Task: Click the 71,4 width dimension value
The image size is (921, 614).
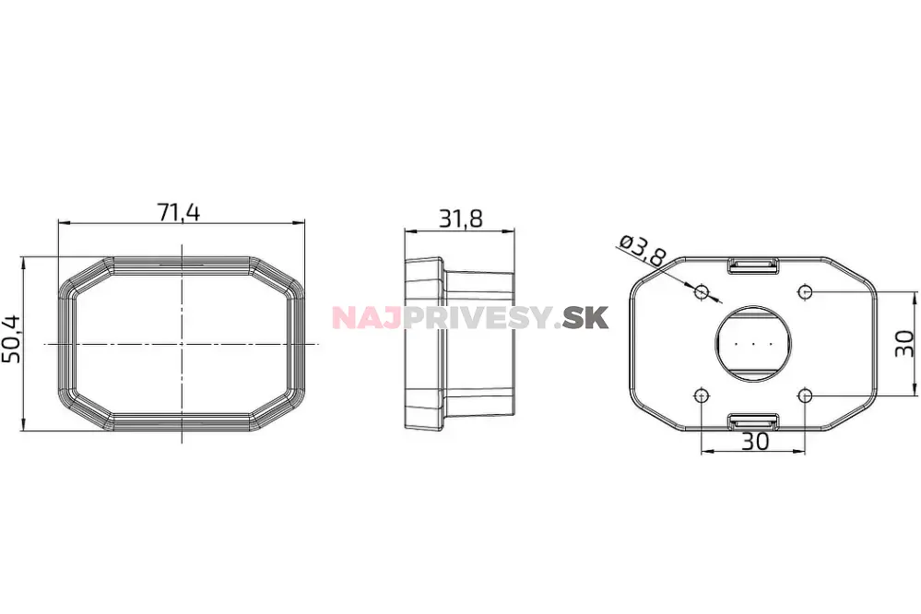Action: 180,212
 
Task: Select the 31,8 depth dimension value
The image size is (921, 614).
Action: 461,218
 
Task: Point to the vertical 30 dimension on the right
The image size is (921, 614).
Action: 905,343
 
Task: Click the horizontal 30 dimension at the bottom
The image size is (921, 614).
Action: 754,442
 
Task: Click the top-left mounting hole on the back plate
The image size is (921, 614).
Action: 702,291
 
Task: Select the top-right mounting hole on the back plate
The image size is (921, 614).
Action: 806,291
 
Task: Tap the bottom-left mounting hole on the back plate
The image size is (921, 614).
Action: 702,396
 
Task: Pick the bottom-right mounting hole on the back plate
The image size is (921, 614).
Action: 806,396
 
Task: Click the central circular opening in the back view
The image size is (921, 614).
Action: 753,344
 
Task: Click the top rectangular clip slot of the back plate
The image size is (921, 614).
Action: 753,266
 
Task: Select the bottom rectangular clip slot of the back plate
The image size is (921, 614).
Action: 753,421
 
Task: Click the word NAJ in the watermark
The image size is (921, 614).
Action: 362,318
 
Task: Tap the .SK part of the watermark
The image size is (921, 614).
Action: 584,318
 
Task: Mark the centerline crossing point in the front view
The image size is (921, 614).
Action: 183,344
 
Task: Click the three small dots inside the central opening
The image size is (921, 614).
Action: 753,344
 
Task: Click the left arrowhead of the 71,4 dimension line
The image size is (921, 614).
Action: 62,222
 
